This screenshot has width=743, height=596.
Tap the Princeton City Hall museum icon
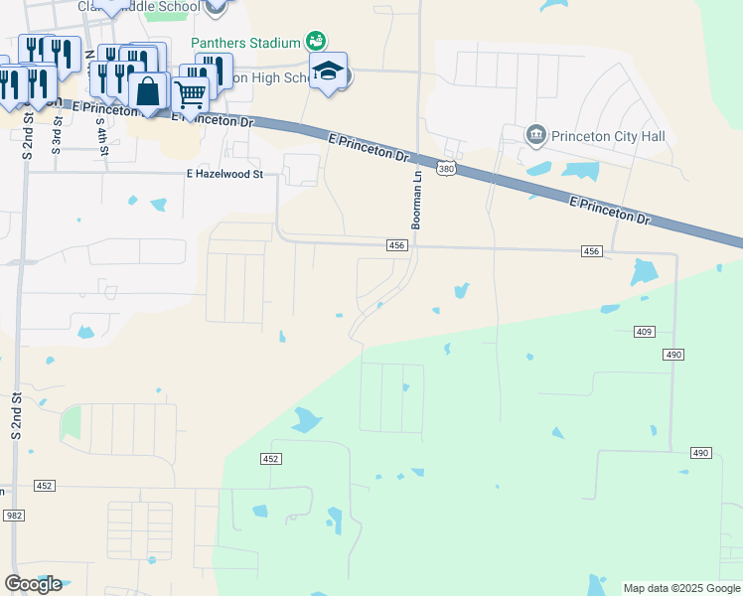[536, 134]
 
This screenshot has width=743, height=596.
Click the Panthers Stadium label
[245, 43]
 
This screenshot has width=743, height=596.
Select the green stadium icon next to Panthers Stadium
[316, 41]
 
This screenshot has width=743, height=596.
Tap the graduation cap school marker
[329, 71]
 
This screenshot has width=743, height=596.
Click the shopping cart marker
[190, 94]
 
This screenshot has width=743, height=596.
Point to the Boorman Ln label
[417, 199]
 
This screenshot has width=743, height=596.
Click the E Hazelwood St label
[224, 174]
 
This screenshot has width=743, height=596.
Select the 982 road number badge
[13, 516]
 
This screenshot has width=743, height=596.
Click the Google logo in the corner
[33, 583]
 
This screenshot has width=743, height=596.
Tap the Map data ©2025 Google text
[680, 588]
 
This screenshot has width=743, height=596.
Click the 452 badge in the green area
[272, 459]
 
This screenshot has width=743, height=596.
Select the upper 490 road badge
[672, 355]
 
